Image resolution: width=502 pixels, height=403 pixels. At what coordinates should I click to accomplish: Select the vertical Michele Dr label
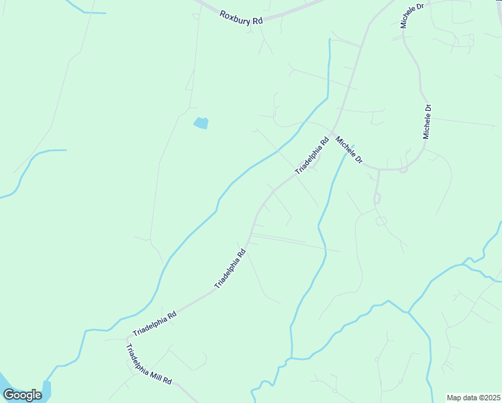point(426,122)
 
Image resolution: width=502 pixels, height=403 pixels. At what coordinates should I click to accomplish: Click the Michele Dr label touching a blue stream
point(349,151)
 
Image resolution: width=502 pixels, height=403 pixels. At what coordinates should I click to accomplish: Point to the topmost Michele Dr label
point(412,15)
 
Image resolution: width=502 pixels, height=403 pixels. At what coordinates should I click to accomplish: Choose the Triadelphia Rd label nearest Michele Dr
point(312,155)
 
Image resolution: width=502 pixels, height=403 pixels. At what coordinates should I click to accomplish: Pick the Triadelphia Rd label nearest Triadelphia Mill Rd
point(154,324)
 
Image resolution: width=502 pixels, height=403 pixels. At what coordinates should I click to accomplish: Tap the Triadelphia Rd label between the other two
point(230,269)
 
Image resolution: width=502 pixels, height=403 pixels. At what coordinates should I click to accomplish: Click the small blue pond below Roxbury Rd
point(201,123)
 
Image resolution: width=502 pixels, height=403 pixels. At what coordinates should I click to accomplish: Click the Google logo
point(22,395)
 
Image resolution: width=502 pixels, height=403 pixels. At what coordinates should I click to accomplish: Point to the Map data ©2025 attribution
point(473,398)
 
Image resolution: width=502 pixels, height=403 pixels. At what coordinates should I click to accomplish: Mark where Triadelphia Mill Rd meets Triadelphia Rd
point(128,339)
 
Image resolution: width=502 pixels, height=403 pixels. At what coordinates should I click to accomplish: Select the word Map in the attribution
point(454,398)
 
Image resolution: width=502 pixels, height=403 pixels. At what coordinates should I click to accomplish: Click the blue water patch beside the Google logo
point(46,389)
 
